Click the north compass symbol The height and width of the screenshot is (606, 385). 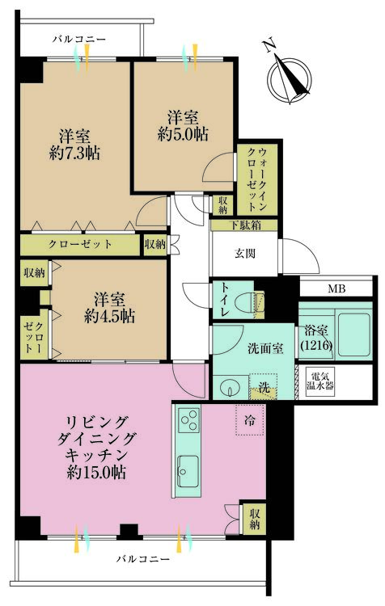(289, 78)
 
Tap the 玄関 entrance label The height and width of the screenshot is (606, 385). (245, 253)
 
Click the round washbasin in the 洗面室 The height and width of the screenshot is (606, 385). (229, 385)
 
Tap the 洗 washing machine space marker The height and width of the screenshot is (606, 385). (263, 386)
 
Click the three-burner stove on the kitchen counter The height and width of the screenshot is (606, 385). (188, 422)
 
